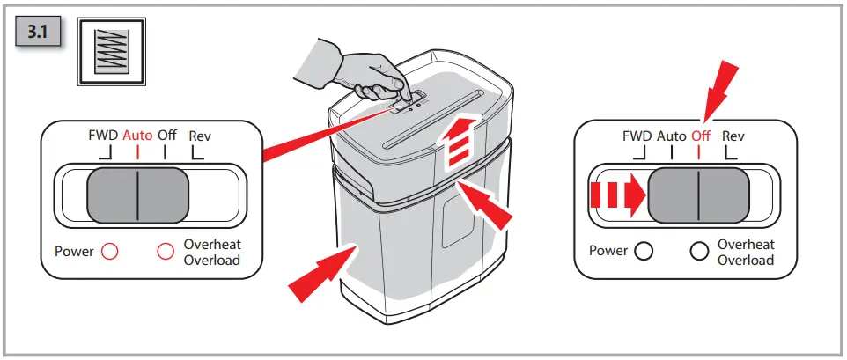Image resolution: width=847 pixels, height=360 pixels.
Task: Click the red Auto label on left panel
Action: point(137,136)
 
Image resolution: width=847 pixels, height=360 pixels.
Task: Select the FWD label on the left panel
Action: point(103,136)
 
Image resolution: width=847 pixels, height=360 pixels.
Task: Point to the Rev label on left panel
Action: point(200,136)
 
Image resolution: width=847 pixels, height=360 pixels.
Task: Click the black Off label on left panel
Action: point(167,136)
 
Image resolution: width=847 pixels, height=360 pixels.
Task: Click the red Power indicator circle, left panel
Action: point(110,251)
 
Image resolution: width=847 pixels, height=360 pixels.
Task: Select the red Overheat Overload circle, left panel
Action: point(165,251)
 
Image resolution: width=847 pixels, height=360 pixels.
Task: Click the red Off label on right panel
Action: point(701,136)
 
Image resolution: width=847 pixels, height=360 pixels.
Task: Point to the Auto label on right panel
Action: point(672,136)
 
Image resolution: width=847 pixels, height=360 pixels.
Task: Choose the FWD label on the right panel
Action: point(637,136)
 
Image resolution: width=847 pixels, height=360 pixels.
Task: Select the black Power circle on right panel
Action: point(644,251)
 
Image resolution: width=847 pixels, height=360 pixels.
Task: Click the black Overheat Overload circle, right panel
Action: point(699,251)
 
